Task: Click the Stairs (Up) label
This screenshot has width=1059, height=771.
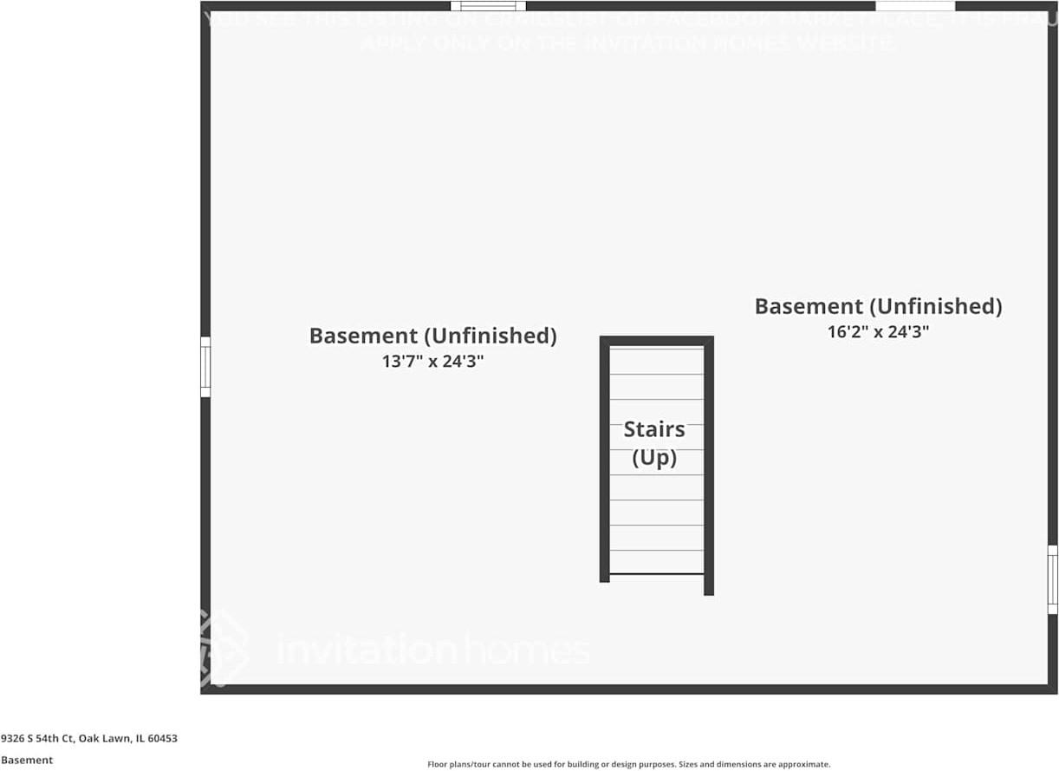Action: (x=654, y=443)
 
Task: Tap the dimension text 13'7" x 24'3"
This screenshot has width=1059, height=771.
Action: (x=432, y=362)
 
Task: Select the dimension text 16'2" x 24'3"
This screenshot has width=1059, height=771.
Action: (x=878, y=331)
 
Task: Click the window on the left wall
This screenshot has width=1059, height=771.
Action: (x=205, y=367)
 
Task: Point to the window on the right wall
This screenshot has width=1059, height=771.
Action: (x=1052, y=579)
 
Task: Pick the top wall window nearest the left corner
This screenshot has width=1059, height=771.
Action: (x=488, y=7)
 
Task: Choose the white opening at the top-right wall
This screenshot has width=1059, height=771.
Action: (x=915, y=6)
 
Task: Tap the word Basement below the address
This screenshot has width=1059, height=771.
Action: (x=27, y=760)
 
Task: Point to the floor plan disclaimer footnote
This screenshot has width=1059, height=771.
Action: (x=628, y=764)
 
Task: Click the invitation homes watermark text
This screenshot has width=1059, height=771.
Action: (x=433, y=650)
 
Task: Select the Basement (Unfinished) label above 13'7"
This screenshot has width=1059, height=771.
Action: (x=432, y=336)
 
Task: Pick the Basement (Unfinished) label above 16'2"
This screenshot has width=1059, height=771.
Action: (x=878, y=306)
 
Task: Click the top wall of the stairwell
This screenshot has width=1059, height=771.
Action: (x=656, y=341)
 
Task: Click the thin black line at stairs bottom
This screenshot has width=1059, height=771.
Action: (x=656, y=574)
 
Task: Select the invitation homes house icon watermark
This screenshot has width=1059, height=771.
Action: (x=222, y=646)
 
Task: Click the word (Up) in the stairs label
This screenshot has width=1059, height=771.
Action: (x=654, y=458)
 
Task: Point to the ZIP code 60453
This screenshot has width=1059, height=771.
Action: (x=163, y=739)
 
